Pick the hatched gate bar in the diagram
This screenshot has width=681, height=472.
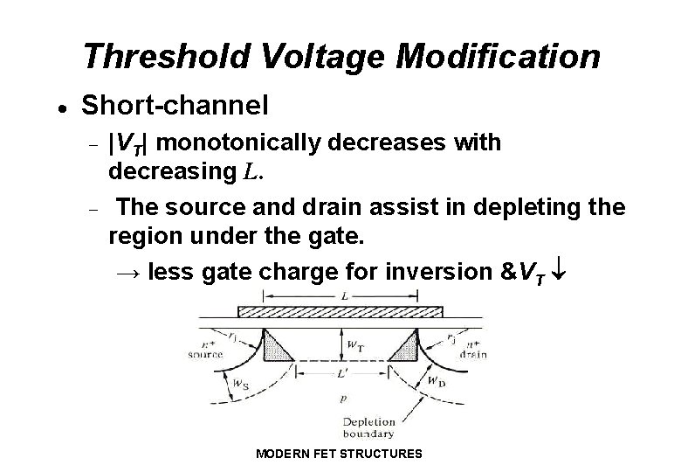[340, 310]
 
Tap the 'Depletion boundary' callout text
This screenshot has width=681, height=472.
[369, 427]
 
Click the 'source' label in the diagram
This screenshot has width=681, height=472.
[207, 355]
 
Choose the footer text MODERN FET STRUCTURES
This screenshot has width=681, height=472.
[340, 454]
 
